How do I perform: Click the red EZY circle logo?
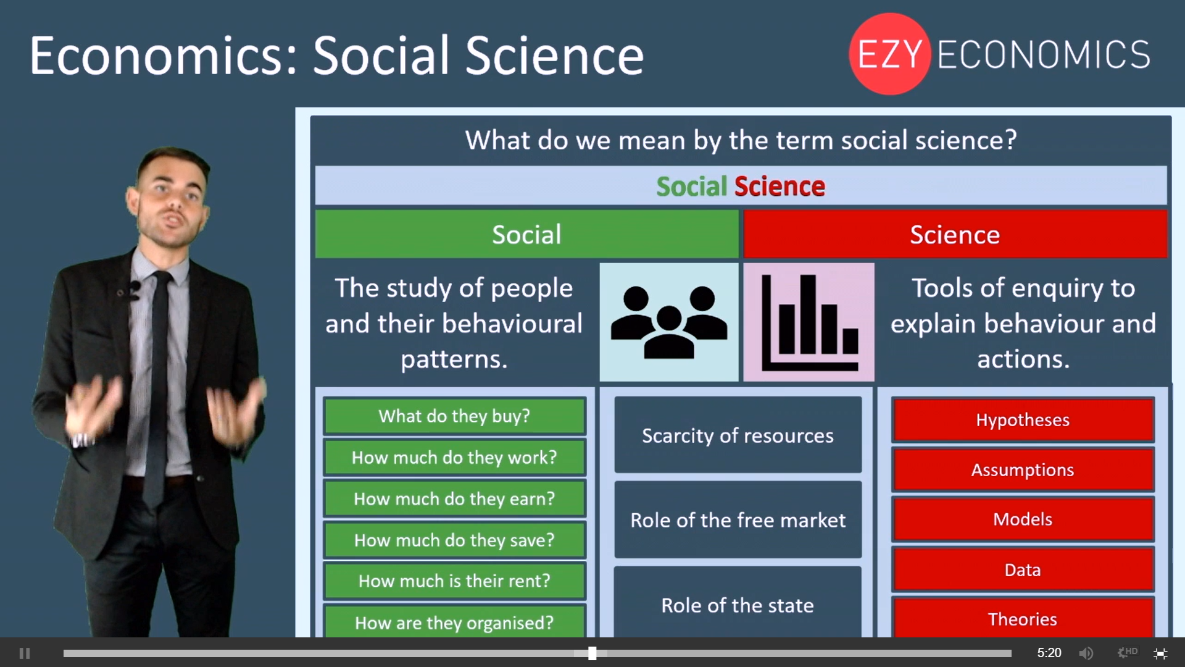(x=889, y=54)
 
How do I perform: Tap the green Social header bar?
(x=526, y=234)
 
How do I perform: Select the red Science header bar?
(x=955, y=234)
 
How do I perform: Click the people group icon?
(x=669, y=322)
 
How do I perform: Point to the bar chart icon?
(x=809, y=322)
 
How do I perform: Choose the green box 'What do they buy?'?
(x=454, y=416)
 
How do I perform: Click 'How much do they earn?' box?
(x=454, y=498)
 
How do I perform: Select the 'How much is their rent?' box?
(x=454, y=581)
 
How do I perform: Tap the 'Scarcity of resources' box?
(x=738, y=435)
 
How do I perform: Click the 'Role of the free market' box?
(x=738, y=520)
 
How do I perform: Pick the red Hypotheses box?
(x=1023, y=420)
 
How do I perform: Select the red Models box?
(x=1023, y=519)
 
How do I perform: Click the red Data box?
(x=1023, y=569)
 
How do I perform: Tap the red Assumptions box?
(x=1023, y=470)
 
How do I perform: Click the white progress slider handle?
(x=592, y=653)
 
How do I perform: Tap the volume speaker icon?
(x=1086, y=653)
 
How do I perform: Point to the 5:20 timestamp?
(x=1049, y=653)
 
